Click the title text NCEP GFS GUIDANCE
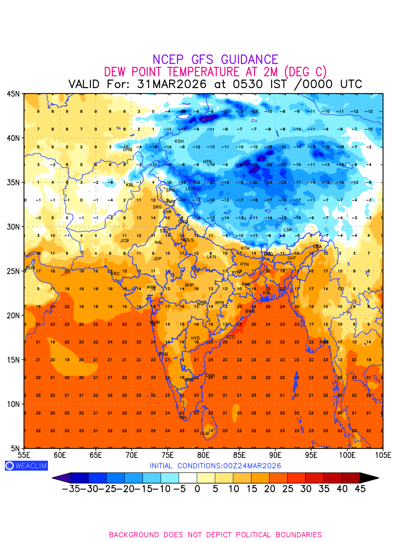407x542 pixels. (x=215, y=60)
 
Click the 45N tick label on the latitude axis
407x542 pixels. (x=13, y=93)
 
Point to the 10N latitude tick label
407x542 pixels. (x=13, y=404)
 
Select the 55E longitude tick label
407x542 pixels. (x=24, y=454)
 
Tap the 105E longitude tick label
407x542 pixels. (x=383, y=454)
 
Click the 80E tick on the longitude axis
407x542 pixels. (x=203, y=454)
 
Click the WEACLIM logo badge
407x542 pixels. (x=26, y=466)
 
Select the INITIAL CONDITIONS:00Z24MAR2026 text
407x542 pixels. (x=215, y=466)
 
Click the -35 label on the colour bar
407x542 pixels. (x=71, y=489)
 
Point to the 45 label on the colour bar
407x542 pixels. (x=360, y=489)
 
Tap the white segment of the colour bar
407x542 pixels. (x=188, y=477)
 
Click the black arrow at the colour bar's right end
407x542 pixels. (x=369, y=477)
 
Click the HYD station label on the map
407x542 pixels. (x=195, y=338)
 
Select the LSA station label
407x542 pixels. (x=288, y=230)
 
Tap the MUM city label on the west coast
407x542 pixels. (x=155, y=322)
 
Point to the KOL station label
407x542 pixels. (x=267, y=293)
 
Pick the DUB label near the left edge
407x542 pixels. (x=30, y=268)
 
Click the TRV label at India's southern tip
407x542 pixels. (x=183, y=418)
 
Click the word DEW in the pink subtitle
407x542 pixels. (x=117, y=72)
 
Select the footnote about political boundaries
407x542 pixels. (x=215, y=535)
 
